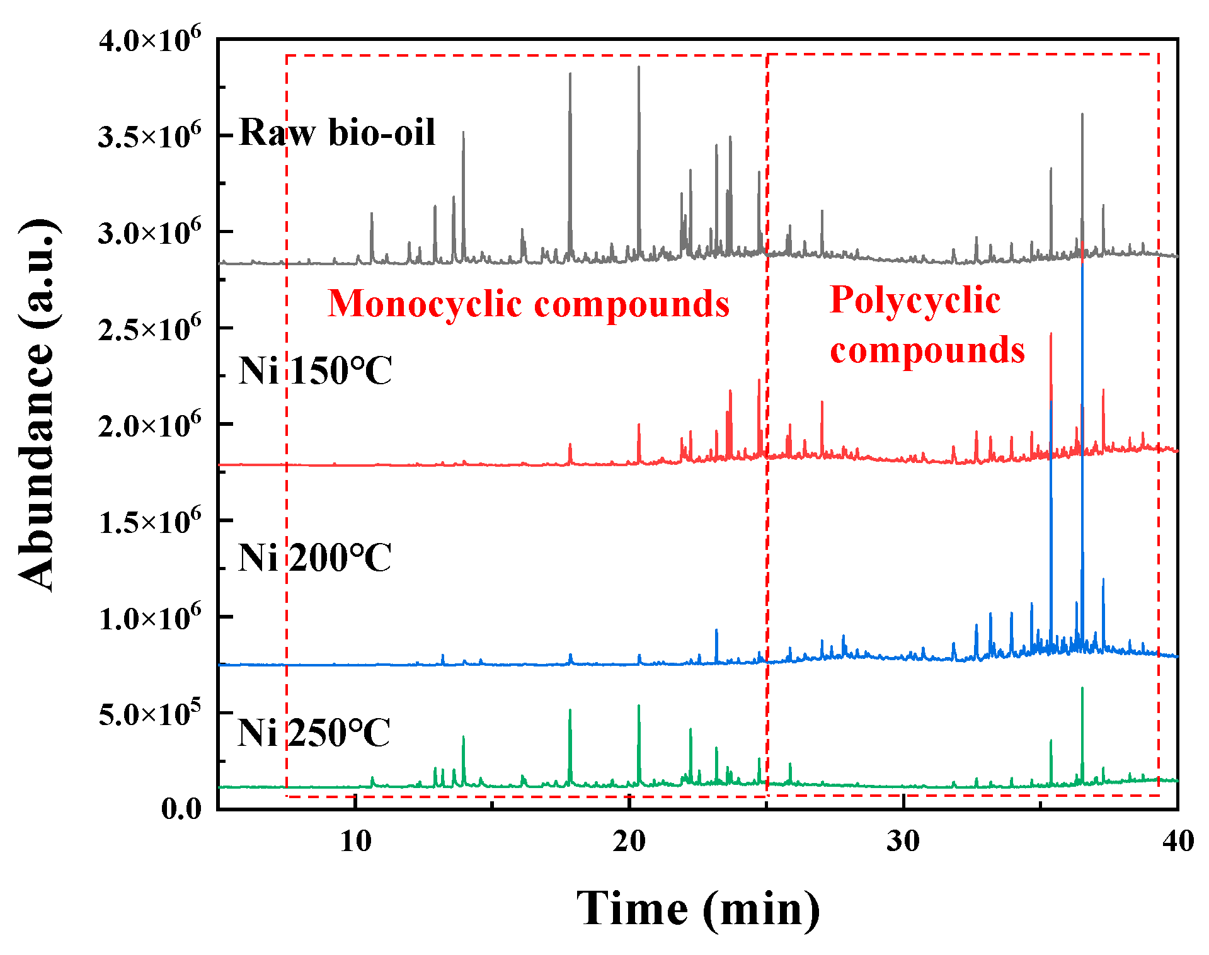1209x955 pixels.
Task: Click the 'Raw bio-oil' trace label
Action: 337,133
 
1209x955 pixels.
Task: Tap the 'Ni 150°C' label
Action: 315,370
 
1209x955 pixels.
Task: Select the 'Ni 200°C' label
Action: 314,558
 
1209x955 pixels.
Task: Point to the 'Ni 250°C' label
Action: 314,733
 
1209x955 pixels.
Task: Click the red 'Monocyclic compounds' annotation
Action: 528,304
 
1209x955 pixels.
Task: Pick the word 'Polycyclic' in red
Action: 915,300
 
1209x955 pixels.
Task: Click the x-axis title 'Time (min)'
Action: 698,908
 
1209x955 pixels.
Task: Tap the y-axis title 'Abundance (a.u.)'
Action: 38,404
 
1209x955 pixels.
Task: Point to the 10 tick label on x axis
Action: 356,841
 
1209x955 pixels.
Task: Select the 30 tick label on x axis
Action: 903,841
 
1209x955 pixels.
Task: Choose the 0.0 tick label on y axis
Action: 181,809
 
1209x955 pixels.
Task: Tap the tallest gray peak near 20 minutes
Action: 638,68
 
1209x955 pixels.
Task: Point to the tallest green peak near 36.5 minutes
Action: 1082,689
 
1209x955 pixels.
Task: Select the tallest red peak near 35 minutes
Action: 1051,335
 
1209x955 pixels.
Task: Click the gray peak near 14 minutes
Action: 463,133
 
